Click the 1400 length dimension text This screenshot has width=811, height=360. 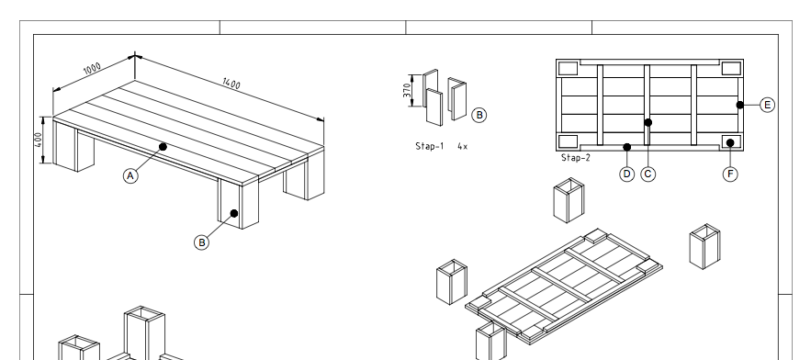(x=231, y=84)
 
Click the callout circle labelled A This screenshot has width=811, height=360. (x=130, y=174)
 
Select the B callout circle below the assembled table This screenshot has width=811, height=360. (x=202, y=242)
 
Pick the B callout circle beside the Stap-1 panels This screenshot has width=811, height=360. (x=479, y=115)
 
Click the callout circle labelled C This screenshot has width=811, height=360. (x=648, y=173)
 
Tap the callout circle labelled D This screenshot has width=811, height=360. (x=627, y=173)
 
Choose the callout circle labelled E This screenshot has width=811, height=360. (x=767, y=105)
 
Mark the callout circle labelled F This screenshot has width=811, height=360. (x=731, y=173)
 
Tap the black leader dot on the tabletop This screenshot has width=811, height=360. (x=163, y=146)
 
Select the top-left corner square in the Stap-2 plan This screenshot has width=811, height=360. (x=568, y=68)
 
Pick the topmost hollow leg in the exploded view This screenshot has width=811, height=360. (x=566, y=200)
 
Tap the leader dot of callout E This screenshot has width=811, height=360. (x=739, y=105)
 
